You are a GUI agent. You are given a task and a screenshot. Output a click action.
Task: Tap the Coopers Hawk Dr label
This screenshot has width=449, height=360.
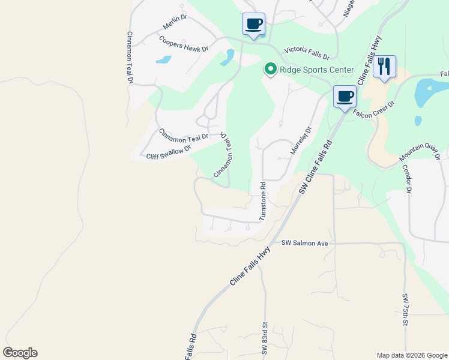[184, 44]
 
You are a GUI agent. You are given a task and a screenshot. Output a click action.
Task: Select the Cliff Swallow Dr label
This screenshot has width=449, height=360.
[169, 152]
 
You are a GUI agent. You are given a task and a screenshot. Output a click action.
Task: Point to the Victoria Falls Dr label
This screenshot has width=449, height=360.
[307, 53]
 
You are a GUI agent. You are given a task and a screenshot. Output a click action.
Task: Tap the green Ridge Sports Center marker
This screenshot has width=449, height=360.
[270, 70]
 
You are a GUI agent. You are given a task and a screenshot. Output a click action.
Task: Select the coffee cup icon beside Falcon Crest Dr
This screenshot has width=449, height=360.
[345, 97]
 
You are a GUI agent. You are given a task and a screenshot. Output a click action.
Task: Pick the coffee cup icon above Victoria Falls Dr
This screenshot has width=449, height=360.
[253, 25]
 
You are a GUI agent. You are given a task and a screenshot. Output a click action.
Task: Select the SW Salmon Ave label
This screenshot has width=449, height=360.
[305, 243]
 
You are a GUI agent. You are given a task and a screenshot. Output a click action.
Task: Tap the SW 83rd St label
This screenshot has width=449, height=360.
[264, 340]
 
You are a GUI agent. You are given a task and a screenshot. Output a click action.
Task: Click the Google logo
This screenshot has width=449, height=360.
[20, 353]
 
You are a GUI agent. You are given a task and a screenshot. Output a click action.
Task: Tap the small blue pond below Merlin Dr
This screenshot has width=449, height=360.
[163, 60]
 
